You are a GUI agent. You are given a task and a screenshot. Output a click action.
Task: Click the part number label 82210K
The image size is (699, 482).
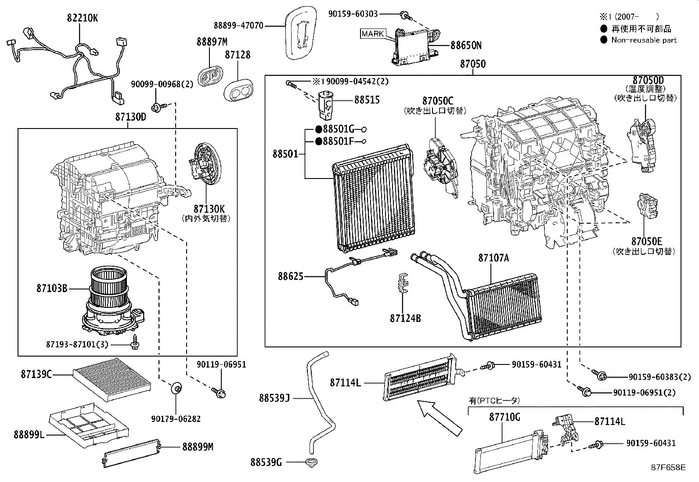coord(83,18)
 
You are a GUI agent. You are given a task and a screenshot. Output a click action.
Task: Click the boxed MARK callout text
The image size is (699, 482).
coord(373,33)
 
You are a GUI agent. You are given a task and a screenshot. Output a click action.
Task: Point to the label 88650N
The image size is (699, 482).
coord(466,45)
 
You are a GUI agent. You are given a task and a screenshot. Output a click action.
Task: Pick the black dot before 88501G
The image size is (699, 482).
coord(319,129)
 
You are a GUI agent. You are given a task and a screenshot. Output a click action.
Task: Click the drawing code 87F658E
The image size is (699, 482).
coord(668,467)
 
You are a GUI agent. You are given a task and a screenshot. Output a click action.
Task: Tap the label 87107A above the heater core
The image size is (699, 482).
coord(494,258)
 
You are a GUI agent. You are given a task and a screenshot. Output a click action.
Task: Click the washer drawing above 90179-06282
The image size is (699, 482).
coord(177,388)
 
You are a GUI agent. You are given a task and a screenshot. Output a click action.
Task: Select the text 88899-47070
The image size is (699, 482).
coord(239,26)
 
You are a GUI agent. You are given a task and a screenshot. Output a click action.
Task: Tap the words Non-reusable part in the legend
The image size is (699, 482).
coord(644,40)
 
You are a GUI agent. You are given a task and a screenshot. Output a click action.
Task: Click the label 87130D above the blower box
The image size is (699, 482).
coord(130,117)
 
